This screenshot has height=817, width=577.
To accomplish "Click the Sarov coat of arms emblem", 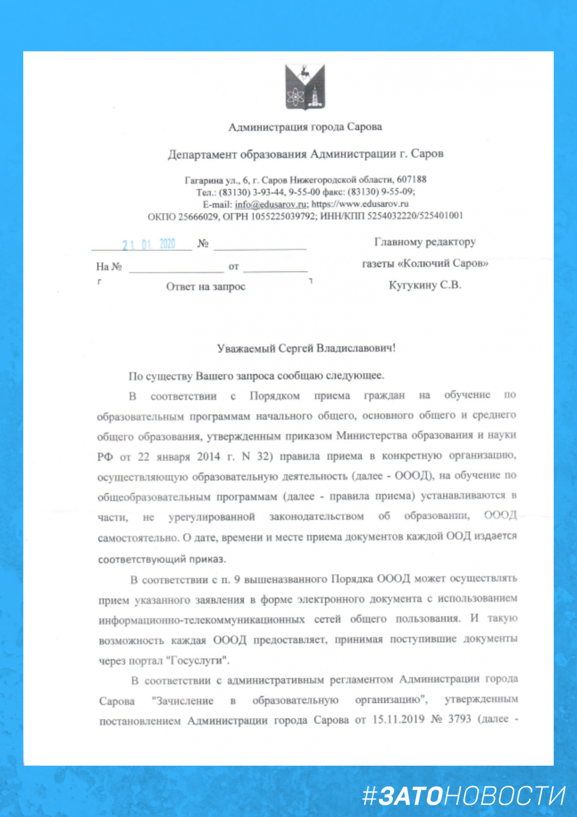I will pyautogui.click(x=305, y=87).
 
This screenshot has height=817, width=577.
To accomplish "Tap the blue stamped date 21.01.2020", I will pyautogui.click(x=149, y=245).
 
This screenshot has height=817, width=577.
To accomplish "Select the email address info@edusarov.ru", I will pyautogui.click(x=271, y=204).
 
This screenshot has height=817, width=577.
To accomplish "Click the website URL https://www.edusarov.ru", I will pyautogui.click(x=360, y=204).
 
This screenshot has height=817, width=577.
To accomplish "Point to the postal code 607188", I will pyautogui.click(x=411, y=179).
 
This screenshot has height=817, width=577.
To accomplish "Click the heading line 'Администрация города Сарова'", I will pyautogui.click(x=305, y=127).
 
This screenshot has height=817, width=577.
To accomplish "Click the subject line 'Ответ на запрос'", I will pyautogui.click(x=205, y=286).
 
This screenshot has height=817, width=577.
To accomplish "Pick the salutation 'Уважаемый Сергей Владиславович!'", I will pyautogui.click(x=306, y=348).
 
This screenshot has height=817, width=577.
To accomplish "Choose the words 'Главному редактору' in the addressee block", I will pyautogui.click(x=425, y=242).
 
